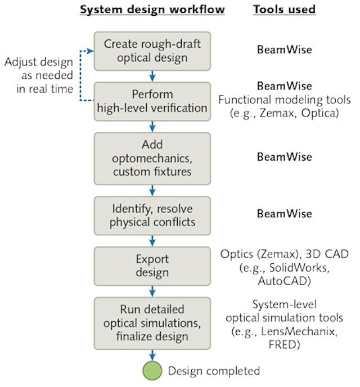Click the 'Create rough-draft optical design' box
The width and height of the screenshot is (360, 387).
152,50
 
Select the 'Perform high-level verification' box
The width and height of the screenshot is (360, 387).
152,101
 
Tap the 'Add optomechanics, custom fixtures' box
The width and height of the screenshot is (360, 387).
152,157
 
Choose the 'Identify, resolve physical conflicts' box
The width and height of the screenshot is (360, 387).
152,214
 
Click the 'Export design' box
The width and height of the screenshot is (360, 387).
152,265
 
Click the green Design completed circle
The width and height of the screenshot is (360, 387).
152,371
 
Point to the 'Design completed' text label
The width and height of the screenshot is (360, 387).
214,371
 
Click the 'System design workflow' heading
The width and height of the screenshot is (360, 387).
152,10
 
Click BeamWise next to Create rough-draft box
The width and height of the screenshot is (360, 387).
285,50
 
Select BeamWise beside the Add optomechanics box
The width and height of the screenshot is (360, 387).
285,157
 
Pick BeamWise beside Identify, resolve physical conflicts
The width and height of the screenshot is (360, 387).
285,214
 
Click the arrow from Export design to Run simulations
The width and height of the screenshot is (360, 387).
152,291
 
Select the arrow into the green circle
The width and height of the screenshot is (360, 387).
152,354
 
